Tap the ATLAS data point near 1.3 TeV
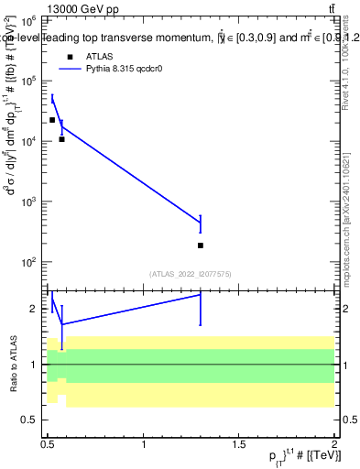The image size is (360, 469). [x=201, y=245]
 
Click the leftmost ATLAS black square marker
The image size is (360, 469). [x=52, y=120]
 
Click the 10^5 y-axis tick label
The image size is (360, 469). [x=29, y=81]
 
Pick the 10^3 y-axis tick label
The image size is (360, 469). [x=29, y=202]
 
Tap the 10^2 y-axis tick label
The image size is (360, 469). [x=29, y=262]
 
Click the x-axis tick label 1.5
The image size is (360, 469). [x=239, y=444]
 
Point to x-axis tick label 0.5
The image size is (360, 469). [x=48, y=444]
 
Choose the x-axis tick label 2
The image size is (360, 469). [x=334, y=444]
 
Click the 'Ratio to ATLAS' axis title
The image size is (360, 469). [x=13, y=364]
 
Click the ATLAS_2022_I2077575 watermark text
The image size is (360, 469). [x=191, y=273]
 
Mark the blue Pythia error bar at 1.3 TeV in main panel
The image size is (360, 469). [x=201, y=223]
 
